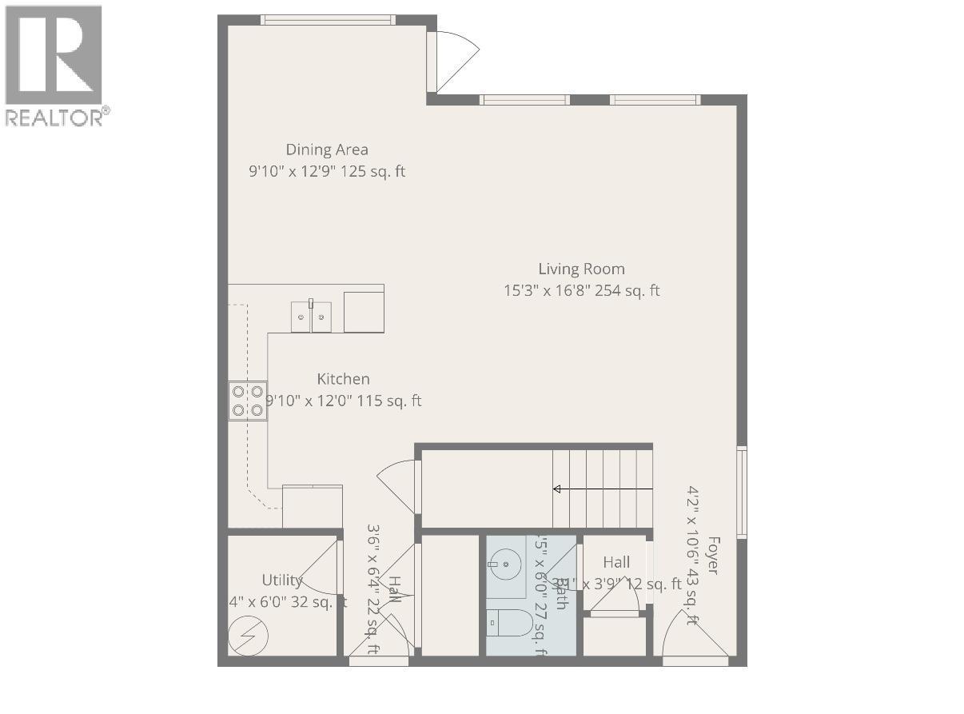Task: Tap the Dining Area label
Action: [327, 150]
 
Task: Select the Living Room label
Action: [581, 269]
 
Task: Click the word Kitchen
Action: [343, 379]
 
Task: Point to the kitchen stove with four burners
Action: [247, 401]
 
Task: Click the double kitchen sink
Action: [311, 316]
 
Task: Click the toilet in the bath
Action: [512, 623]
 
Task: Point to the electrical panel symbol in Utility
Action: [248, 636]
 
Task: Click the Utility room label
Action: [282, 580]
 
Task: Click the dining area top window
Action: [328, 20]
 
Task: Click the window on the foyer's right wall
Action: [742, 491]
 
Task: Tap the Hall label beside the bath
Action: [616, 562]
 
